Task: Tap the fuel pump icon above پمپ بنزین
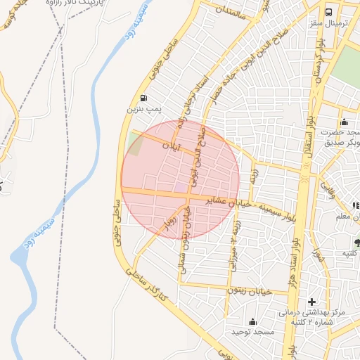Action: pos(144,98)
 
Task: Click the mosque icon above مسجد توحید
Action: pos(252,321)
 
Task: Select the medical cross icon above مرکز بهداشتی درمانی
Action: pos(312,302)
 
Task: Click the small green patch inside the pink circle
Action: pos(136,143)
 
